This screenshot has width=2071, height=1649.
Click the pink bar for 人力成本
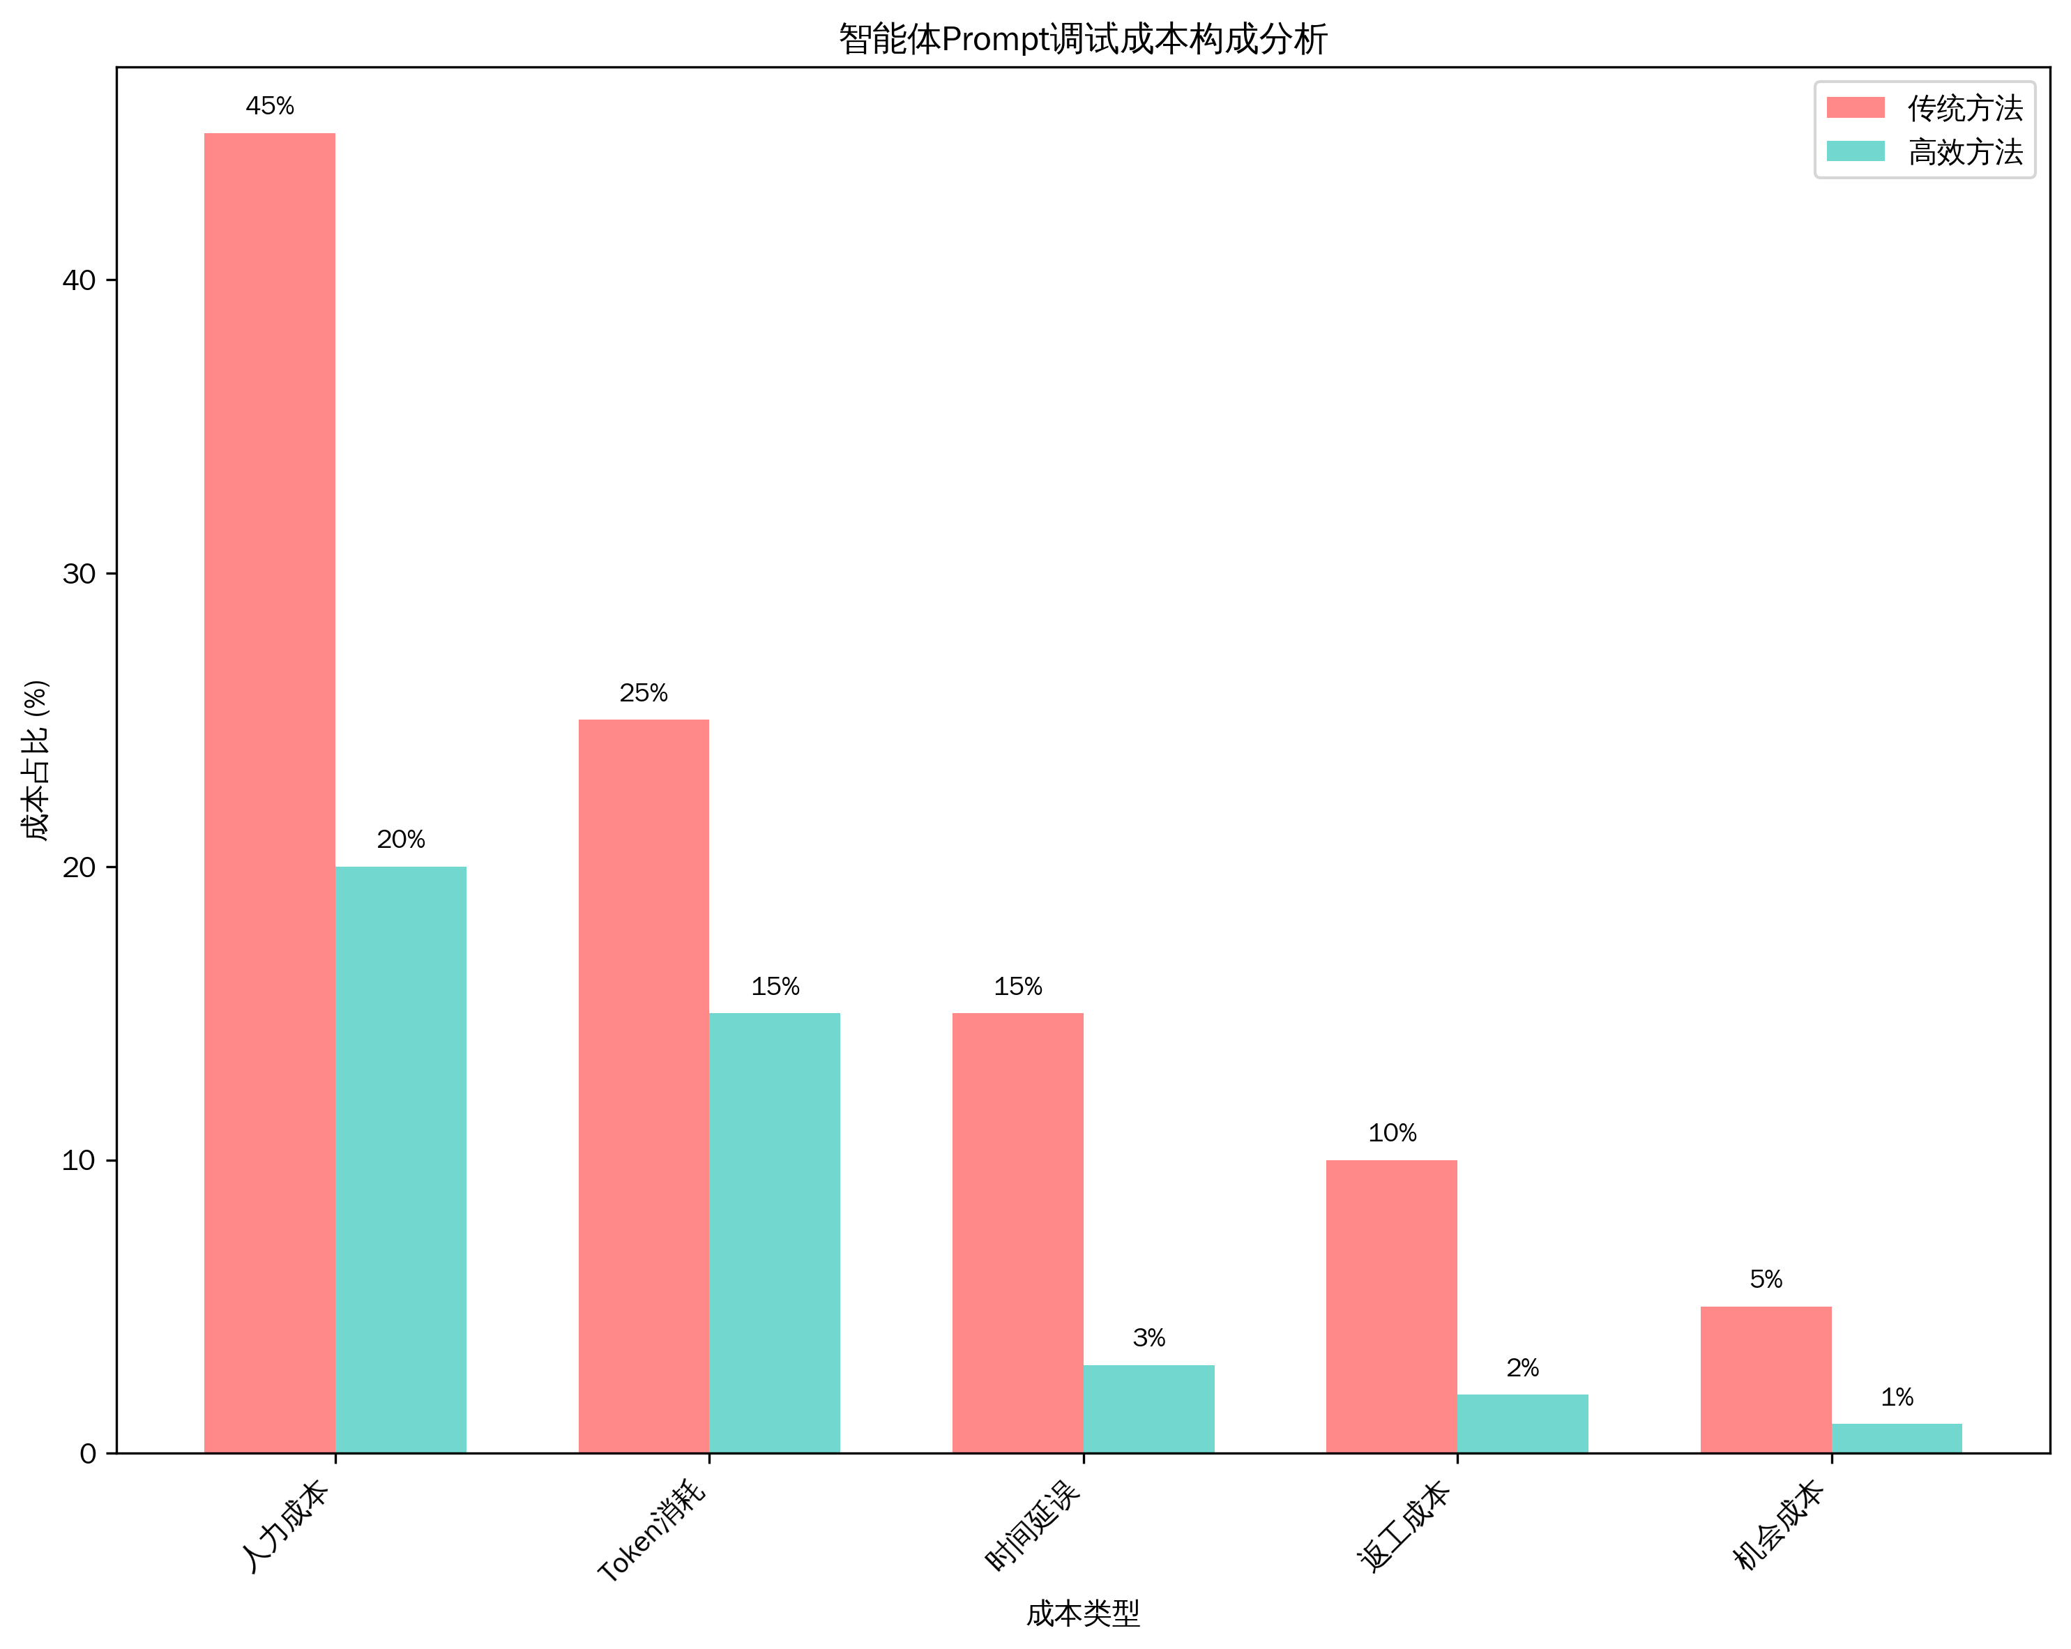pos(270,793)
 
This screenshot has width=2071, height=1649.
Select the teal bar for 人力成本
pos(400,1160)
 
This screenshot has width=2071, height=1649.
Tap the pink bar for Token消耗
pos(644,1086)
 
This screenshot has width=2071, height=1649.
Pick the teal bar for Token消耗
pos(774,1233)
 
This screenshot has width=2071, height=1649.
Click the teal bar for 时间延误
pos(1149,1409)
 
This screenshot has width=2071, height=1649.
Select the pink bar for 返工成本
pos(1392,1306)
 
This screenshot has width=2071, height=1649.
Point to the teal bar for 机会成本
pos(1897,1438)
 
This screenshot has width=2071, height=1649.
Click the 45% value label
pos(270,106)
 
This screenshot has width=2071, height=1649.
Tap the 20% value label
pos(400,839)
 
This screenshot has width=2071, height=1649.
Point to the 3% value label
pos(1149,1338)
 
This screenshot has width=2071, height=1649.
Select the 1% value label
pos(1897,1397)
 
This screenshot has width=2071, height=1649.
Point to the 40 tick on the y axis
pos(79,280)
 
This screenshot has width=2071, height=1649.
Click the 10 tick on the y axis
pos(79,1160)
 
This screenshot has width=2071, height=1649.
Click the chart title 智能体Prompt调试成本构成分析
pos(1084,39)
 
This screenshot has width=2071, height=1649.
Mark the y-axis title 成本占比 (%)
pos(36,761)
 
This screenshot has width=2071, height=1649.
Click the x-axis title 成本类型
pos(1084,1614)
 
